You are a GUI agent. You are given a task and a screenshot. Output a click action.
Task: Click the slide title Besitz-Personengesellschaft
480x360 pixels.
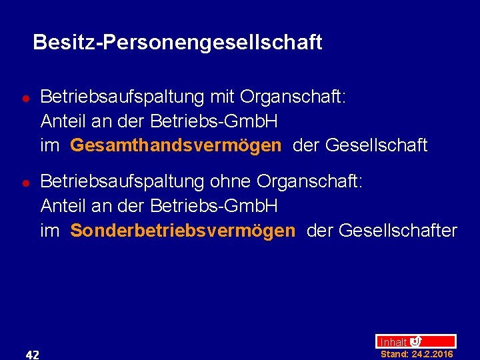click(177, 43)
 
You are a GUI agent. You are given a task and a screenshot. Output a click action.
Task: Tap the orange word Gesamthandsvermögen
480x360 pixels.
click(175, 145)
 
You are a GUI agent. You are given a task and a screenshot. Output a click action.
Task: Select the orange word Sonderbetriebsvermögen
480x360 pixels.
click(182, 231)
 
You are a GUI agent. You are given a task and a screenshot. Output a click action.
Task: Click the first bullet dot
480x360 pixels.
click(25, 98)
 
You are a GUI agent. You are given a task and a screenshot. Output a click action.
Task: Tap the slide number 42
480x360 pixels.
click(32, 354)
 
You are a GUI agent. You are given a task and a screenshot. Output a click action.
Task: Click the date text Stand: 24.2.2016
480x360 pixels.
click(417, 354)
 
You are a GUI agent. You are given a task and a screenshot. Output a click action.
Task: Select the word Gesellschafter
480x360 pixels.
click(398, 231)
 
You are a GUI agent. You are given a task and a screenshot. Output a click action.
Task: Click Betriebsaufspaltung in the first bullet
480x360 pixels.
click(122, 97)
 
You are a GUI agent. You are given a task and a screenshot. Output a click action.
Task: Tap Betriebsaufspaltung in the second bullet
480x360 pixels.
click(122, 182)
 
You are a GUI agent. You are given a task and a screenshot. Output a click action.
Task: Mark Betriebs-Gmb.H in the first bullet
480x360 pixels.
click(214, 121)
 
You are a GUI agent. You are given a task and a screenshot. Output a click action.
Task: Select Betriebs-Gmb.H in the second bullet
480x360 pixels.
click(214, 206)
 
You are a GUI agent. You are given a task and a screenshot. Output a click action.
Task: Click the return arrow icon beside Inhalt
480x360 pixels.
click(416, 341)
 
